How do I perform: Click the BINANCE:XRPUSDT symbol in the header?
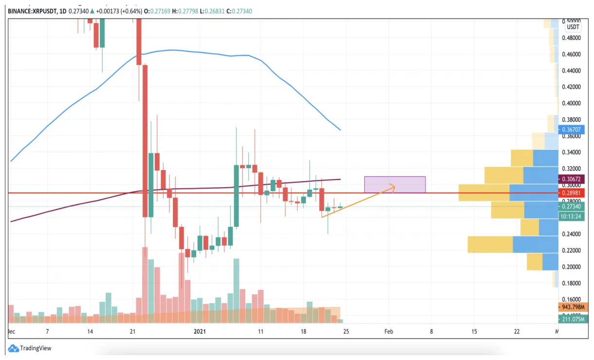pos(32,11)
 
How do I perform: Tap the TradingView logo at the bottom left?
pos(30,348)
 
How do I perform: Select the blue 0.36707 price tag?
pos(572,130)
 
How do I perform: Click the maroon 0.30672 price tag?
pos(572,179)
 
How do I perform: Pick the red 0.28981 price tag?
pos(572,193)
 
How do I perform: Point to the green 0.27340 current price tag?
pos(572,206)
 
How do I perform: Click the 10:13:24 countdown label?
pos(571,216)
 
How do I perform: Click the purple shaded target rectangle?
pos(395,184)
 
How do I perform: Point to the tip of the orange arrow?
pos(395,185)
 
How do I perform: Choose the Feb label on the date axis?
pos(389,332)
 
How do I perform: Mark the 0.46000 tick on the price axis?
pos(573,54)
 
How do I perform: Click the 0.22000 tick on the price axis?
pos(573,251)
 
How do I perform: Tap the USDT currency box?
pos(573,27)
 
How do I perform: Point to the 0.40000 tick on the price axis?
pos(573,103)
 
